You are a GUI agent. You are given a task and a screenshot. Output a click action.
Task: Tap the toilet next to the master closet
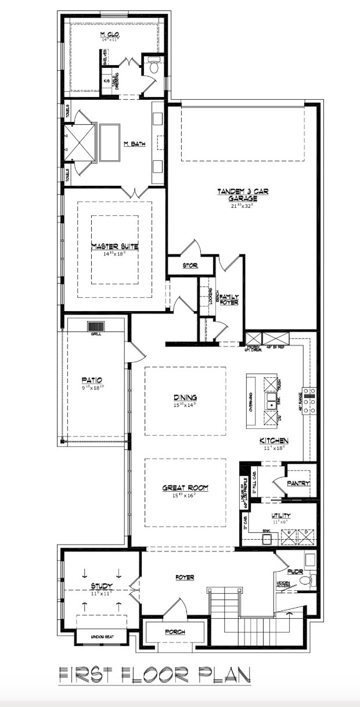pyautogui.click(x=153, y=67)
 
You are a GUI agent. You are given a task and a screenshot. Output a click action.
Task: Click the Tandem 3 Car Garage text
pyautogui.click(x=243, y=194)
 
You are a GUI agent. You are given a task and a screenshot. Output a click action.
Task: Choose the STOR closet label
pyautogui.click(x=190, y=266)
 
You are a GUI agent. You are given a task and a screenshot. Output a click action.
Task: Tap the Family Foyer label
pyautogui.click(x=229, y=299)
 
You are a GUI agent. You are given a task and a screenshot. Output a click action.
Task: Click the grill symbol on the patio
pyautogui.click(x=95, y=327)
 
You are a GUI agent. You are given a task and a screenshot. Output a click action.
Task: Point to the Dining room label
pyautogui.click(x=185, y=397)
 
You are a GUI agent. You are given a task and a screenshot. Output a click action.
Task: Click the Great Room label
pyautogui.click(x=185, y=488)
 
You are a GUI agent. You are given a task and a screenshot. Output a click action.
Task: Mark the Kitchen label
pyautogui.click(x=273, y=441)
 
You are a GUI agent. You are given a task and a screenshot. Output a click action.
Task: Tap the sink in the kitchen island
pyautogui.click(x=271, y=401)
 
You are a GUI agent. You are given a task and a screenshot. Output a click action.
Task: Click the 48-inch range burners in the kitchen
pyautogui.click(x=310, y=400)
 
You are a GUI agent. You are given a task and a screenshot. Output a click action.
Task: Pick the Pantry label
pyautogui.click(x=298, y=483)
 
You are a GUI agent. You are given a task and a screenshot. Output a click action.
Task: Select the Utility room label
pyautogui.click(x=280, y=515)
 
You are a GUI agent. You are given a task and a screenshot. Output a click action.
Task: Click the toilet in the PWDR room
pyautogui.click(x=310, y=579)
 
